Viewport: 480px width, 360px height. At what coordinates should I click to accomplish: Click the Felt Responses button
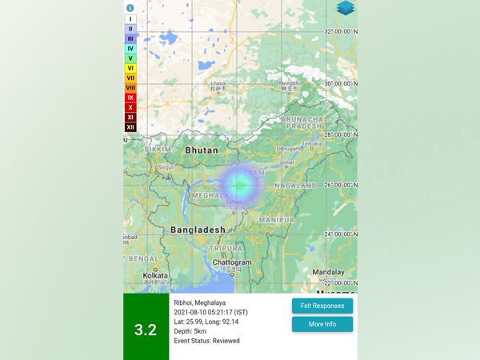tap(322, 306)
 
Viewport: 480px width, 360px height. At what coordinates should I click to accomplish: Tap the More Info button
tap(322, 324)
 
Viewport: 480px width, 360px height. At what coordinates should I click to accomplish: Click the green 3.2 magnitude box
tap(146, 330)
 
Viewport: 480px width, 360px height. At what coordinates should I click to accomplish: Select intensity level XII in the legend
tap(130, 127)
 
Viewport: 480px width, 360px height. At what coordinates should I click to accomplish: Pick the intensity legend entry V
tap(130, 58)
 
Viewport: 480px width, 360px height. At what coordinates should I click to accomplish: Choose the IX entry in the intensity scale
tap(130, 98)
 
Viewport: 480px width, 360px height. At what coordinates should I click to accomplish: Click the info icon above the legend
tap(130, 8)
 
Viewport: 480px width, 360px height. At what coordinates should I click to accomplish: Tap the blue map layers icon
tap(345, 8)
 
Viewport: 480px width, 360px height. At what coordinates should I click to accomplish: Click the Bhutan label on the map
tap(201, 150)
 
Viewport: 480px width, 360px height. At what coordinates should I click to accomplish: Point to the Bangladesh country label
tap(198, 230)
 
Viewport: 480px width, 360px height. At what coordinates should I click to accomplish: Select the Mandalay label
tap(329, 272)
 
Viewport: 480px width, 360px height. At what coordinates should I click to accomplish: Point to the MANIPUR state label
tap(276, 219)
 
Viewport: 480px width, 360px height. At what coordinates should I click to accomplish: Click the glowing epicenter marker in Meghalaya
tap(239, 185)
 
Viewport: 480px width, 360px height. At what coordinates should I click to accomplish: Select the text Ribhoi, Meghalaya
tap(200, 303)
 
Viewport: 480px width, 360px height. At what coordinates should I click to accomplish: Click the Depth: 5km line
tap(190, 331)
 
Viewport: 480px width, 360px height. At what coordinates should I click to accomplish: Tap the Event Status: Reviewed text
tap(206, 341)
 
